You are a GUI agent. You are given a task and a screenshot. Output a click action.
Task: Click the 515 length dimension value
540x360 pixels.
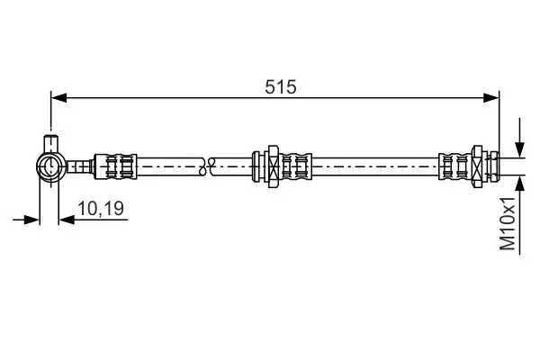pyautogui.click(x=280, y=86)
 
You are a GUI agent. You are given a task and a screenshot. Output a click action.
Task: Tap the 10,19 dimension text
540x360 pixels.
pyautogui.click(x=101, y=209)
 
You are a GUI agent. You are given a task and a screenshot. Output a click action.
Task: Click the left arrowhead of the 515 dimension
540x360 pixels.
pyautogui.click(x=58, y=98)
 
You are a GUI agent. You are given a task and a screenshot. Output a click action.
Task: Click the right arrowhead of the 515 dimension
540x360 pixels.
pyautogui.click(x=491, y=98)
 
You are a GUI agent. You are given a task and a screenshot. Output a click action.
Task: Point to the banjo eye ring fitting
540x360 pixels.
pyautogui.click(x=51, y=166)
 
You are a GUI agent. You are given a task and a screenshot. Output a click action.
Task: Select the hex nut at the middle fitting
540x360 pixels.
pyautogui.click(x=273, y=166)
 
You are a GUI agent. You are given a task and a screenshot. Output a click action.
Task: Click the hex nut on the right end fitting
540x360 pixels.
pyautogui.click(x=477, y=166)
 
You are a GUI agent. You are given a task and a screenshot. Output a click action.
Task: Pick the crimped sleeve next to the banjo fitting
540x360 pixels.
pyautogui.click(x=115, y=166)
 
